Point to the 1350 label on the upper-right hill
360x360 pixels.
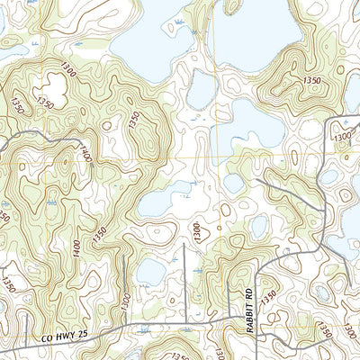[313, 80]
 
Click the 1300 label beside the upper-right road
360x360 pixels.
[343, 135]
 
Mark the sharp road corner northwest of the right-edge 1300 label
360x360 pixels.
[328, 120]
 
